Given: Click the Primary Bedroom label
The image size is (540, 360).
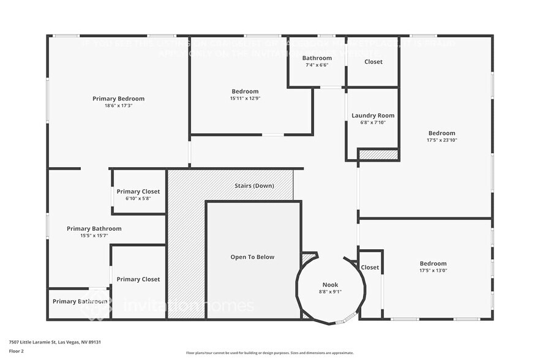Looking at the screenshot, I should (118, 99).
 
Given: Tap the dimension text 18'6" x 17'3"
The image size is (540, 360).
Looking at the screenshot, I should (118, 105).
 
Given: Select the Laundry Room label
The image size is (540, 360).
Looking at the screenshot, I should (373, 115).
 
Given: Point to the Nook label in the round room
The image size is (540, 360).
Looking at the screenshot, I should (330, 285).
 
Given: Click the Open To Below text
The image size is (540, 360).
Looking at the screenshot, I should (252, 257).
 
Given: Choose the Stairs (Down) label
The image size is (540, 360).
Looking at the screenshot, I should (254, 186).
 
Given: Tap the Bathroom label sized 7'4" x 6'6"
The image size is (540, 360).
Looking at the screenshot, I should (317, 58).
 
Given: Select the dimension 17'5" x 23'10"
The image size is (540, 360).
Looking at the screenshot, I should (441, 140).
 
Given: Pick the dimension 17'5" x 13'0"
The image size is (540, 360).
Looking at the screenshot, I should (433, 270).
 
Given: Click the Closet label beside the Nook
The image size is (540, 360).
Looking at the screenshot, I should (370, 268).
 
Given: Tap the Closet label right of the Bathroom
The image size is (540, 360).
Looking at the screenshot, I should (373, 62).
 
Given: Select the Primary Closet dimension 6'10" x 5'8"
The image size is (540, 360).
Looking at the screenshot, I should (138, 198).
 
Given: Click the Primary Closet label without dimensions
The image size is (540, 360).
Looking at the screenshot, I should (138, 279).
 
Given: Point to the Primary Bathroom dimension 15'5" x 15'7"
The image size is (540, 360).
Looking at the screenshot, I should (94, 235).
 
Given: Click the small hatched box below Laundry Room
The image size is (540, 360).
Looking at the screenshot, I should (378, 155).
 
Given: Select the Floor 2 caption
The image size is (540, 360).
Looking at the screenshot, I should (16, 351).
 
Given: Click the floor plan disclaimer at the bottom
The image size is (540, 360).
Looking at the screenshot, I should (269, 353).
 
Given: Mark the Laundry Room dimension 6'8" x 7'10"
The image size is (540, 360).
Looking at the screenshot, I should (373, 122).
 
